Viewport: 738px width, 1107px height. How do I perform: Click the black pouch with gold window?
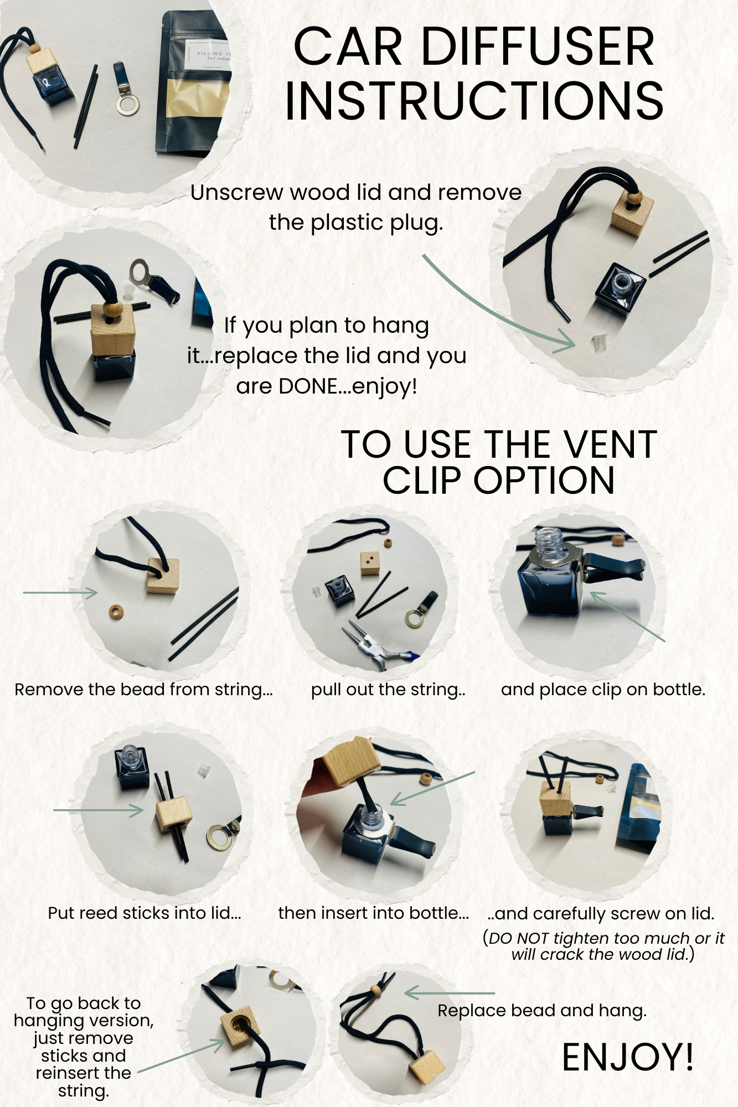(x=193, y=83)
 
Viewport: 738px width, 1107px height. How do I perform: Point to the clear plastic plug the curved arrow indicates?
(x=596, y=343)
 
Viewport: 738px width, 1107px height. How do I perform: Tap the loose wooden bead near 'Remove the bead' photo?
(x=116, y=612)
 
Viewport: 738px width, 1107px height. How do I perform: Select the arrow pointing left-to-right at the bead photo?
(x=60, y=593)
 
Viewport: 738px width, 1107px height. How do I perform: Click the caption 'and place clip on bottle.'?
(x=603, y=690)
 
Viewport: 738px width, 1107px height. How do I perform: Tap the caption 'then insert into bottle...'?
(x=374, y=913)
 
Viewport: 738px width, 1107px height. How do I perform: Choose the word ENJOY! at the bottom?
(x=628, y=1057)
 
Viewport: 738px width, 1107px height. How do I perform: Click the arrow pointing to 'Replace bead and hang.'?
(x=450, y=993)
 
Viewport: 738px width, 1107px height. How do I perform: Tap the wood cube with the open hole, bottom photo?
(x=240, y=1027)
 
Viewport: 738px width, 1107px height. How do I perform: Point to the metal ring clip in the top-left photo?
(x=128, y=102)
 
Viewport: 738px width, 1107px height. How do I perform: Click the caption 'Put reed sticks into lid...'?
(x=144, y=913)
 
